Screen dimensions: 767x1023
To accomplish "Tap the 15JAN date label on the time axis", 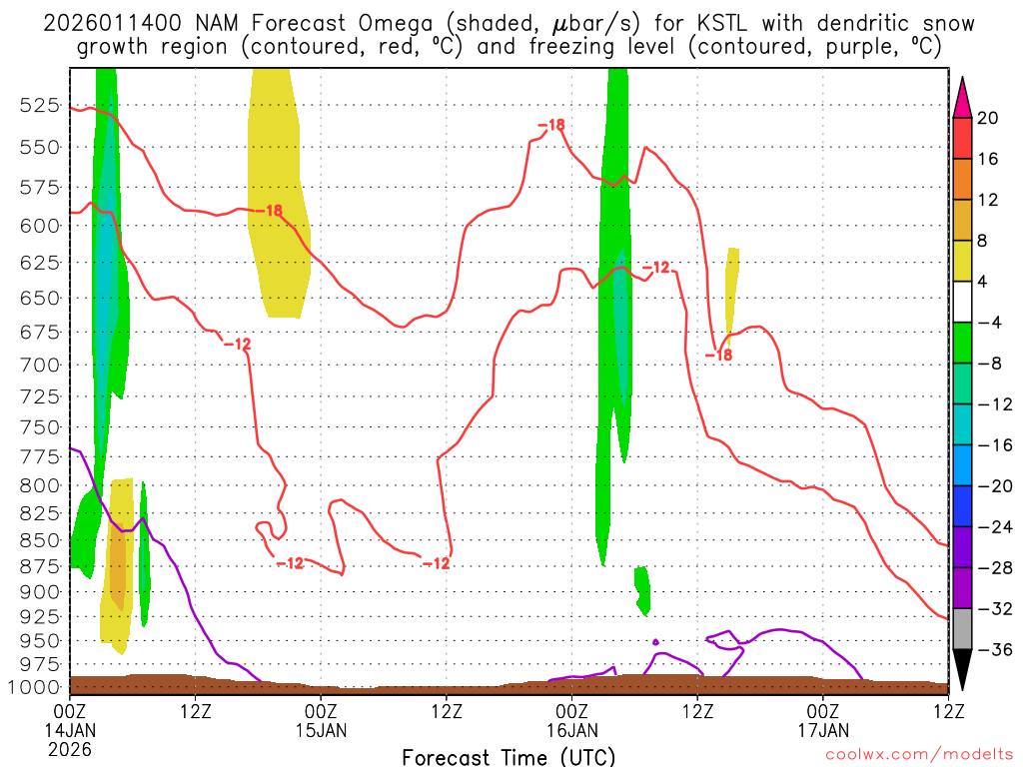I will [321, 730].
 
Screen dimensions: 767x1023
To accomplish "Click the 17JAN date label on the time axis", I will [823, 730].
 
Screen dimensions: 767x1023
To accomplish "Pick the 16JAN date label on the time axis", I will [571, 730].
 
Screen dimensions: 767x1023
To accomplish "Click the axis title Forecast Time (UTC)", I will [509, 756].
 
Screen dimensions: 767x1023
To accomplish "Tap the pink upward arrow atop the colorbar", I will [962, 97].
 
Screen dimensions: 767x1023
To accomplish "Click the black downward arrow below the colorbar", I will [962, 670].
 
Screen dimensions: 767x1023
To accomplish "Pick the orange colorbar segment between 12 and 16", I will [962, 180].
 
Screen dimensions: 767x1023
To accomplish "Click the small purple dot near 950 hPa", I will [655, 641].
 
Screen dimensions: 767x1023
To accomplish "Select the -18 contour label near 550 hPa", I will [550, 125].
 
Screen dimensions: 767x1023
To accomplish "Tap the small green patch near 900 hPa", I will [642, 589].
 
